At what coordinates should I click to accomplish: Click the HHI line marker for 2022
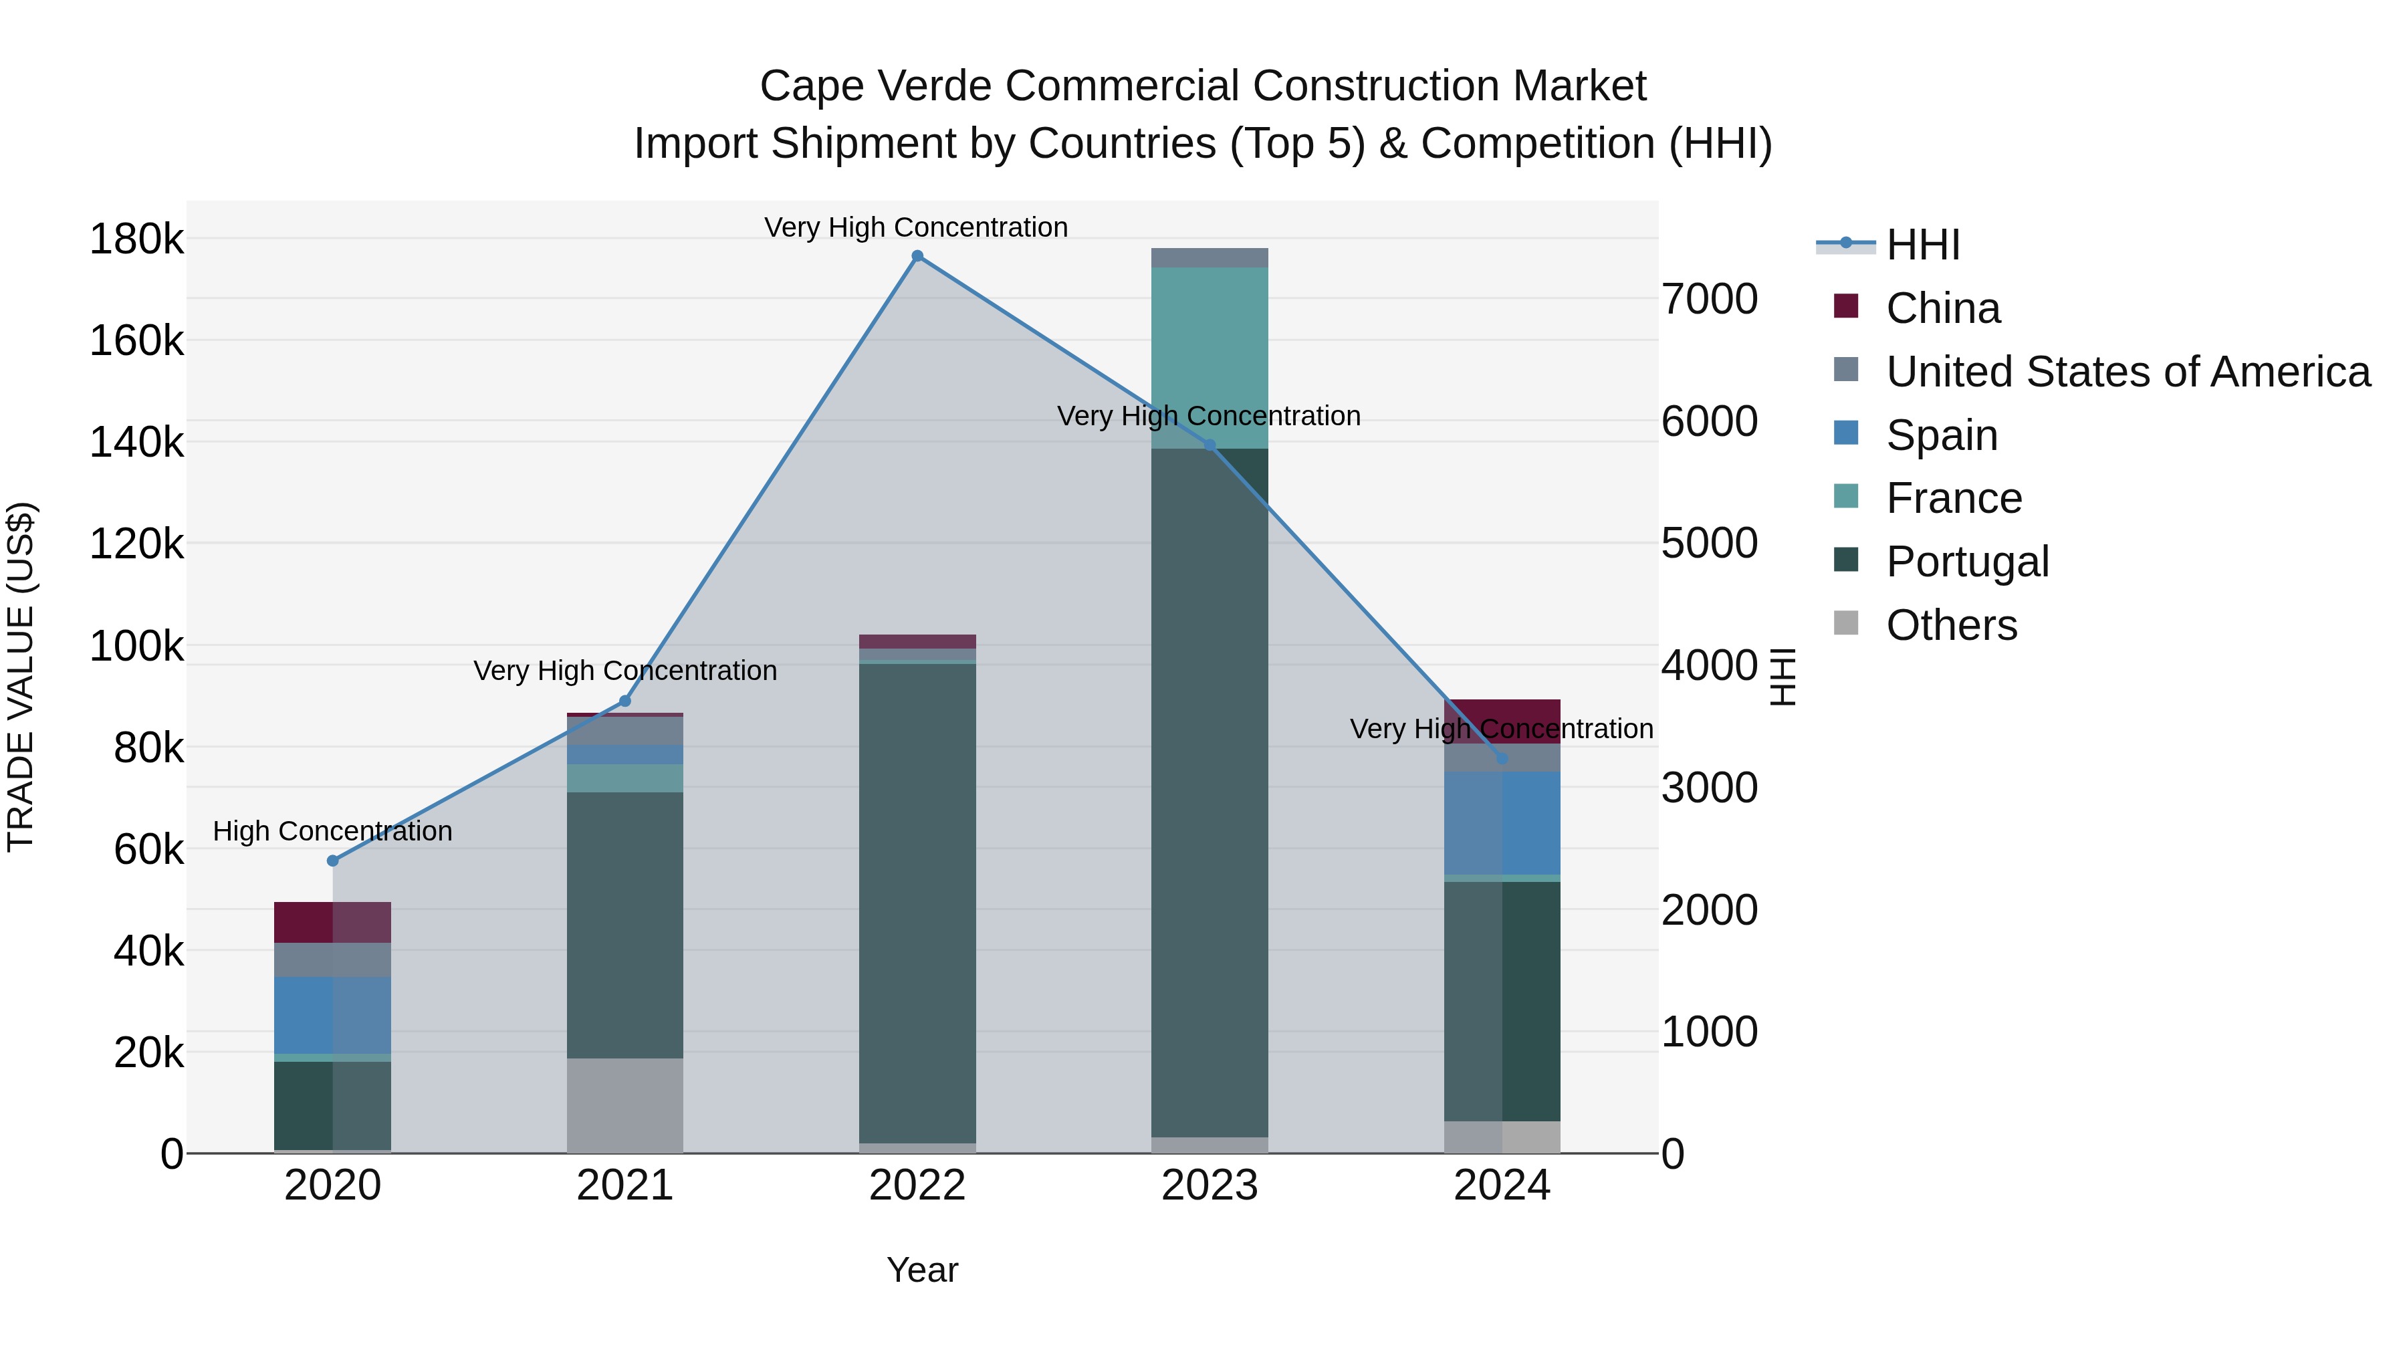pos(917,256)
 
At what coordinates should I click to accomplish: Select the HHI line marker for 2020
pos(333,861)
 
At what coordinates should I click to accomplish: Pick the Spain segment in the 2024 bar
pos(1502,822)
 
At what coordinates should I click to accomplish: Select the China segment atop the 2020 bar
pos(333,922)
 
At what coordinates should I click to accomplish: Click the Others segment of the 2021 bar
pos(624,1105)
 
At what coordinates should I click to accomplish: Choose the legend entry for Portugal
pos(1967,562)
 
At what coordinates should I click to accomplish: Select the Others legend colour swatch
pos(1845,623)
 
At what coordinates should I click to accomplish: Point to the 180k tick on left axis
pos(136,239)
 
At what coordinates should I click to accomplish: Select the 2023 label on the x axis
pos(1209,1186)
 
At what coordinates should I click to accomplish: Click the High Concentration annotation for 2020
pos(333,830)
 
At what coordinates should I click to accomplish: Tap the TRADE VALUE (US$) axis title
pos(21,677)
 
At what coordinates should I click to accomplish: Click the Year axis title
pos(921,1270)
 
